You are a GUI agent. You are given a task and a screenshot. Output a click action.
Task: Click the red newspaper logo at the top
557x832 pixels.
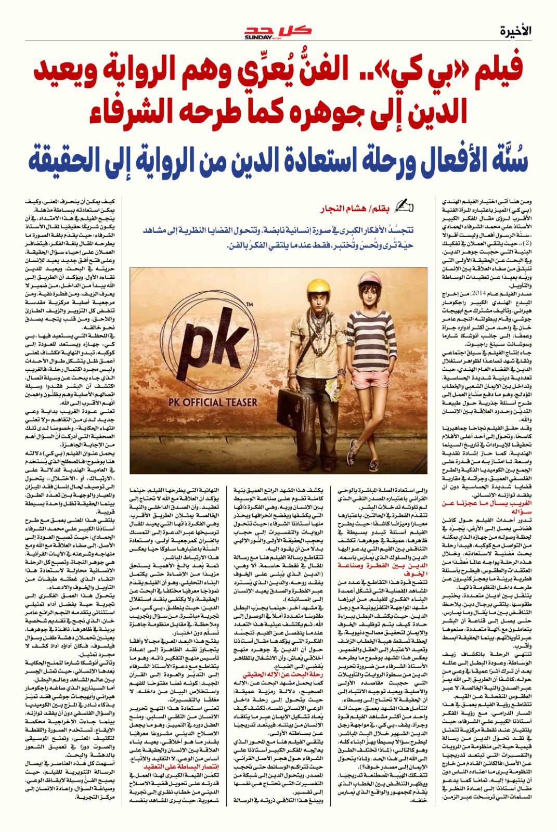278,32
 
